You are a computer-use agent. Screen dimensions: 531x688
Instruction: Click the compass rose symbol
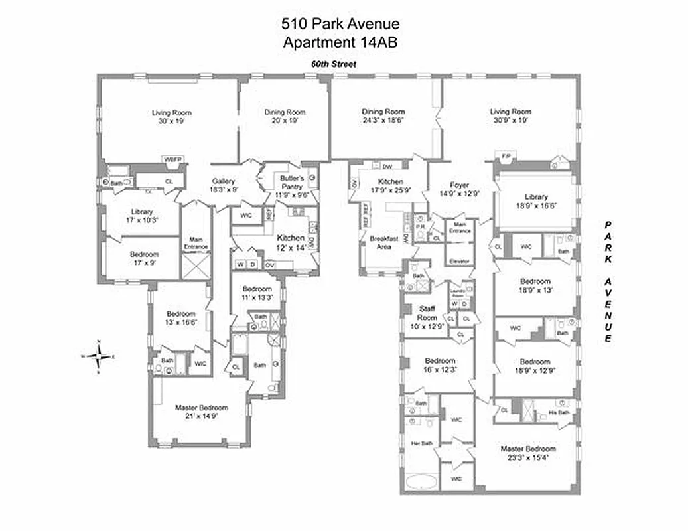[99, 356]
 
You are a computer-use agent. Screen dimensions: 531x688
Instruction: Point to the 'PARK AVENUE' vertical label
[606, 282]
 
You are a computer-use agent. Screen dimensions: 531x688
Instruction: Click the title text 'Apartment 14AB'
[341, 43]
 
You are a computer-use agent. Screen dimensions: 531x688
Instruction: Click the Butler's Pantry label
[291, 183]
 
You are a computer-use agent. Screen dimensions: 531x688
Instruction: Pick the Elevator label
[459, 261]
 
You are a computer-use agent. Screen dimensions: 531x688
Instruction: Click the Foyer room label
[459, 185]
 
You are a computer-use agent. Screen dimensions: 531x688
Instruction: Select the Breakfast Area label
[383, 242]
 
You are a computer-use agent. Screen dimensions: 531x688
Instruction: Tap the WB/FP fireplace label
[173, 159]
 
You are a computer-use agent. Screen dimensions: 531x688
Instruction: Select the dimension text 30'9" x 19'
[510, 121]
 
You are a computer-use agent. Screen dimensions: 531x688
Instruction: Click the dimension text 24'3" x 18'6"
[383, 121]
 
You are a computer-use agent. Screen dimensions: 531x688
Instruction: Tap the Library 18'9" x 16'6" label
[535, 202]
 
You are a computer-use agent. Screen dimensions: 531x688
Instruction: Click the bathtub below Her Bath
[421, 483]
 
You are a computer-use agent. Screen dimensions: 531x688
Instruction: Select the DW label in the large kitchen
[387, 166]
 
